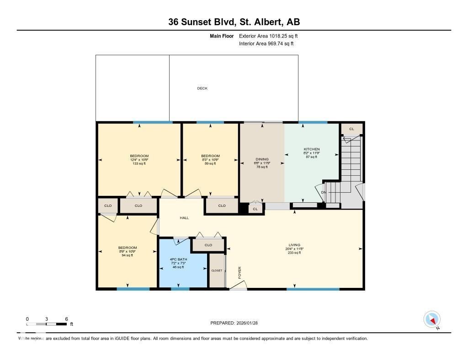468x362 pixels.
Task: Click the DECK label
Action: tap(202, 88)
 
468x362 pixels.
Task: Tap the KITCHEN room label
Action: tap(312, 149)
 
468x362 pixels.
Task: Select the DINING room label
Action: tap(262, 159)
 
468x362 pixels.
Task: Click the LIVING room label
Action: tap(294, 245)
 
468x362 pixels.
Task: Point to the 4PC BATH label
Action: tap(178, 259)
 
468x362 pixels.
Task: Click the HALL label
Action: tap(184, 218)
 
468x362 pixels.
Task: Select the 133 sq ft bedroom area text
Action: tap(139, 163)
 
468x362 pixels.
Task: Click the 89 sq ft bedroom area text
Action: tap(210, 163)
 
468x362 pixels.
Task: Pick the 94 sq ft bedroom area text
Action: tap(127, 255)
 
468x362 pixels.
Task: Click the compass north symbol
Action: tap(432, 319)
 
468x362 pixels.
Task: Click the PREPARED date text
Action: tap(237, 323)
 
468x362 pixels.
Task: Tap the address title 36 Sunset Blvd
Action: tap(234, 22)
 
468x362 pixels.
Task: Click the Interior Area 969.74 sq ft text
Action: tap(266, 44)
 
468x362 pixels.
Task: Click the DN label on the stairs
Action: tap(324, 192)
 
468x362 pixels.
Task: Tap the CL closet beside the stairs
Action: tap(351, 129)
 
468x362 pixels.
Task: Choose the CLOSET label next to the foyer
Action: tap(217, 270)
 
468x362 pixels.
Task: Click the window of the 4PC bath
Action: tap(180, 289)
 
